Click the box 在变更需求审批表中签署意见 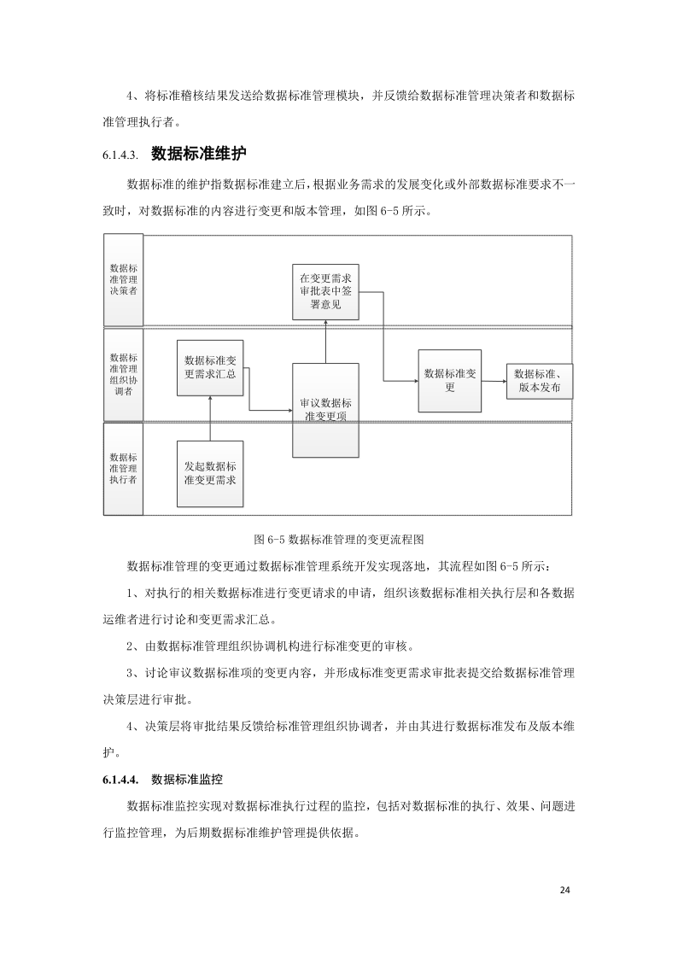click(326, 291)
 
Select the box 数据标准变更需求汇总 click(210, 367)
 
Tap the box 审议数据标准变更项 click(326, 410)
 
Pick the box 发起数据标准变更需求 click(210, 472)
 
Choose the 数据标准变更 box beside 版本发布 click(449, 381)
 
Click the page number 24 click(564, 890)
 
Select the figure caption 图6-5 click(339, 540)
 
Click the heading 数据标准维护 click(198, 154)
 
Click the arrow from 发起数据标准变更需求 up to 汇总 click(210, 418)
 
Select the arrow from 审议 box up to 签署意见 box click(326, 342)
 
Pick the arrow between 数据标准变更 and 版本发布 click(494, 381)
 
